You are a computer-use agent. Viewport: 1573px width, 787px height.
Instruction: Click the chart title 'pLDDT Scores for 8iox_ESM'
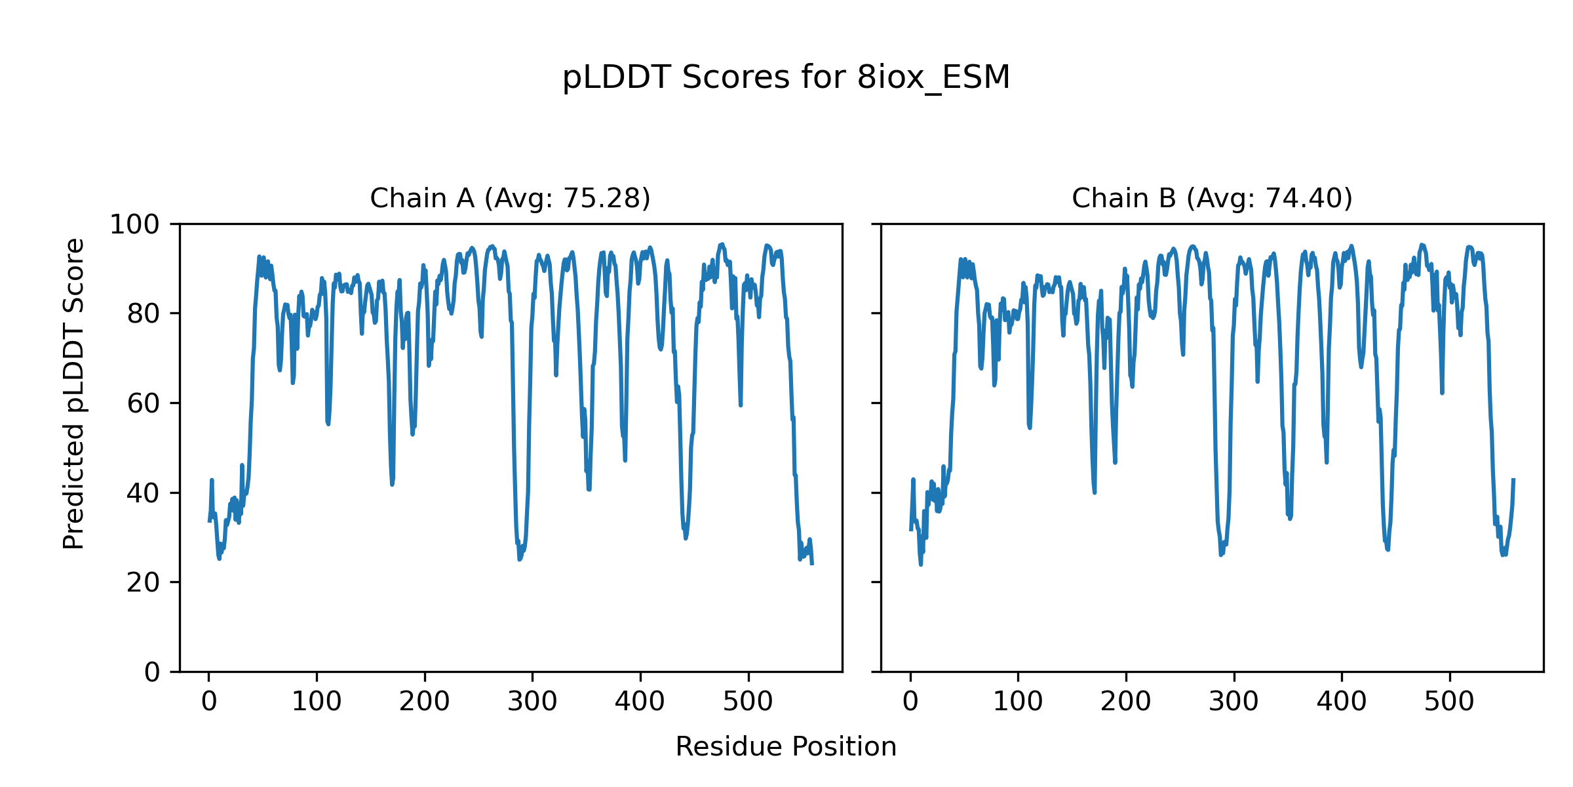[786, 77]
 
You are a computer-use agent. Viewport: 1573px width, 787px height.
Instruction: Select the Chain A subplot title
[510, 198]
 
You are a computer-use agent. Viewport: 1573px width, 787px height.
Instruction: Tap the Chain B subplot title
[1212, 198]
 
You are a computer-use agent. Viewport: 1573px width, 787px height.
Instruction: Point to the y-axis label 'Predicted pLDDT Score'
[73, 393]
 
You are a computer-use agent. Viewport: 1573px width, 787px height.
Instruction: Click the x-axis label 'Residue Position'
[786, 747]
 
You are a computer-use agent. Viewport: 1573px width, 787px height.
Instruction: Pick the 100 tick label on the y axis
[134, 225]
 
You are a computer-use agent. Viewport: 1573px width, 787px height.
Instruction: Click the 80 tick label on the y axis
[144, 314]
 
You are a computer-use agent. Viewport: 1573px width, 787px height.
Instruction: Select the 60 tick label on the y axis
[144, 404]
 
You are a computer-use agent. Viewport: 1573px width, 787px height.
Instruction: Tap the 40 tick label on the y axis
[144, 493]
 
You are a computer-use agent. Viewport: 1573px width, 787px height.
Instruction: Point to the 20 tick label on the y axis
[144, 582]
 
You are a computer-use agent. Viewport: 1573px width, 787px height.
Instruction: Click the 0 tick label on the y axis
[152, 672]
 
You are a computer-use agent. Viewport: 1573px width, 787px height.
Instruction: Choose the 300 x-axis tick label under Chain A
[532, 702]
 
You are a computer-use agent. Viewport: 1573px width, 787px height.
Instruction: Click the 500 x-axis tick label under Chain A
[748, 702]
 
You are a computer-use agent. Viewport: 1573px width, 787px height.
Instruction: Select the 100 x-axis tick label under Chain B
[1018, 702]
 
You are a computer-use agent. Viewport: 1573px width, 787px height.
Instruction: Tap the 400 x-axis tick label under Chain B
[1342, 702]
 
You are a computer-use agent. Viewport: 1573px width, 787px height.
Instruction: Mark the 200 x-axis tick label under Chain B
[1125, 702]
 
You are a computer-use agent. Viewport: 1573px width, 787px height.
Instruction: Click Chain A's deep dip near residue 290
[519, 559]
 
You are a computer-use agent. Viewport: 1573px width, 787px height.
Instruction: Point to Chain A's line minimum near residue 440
[686, 538]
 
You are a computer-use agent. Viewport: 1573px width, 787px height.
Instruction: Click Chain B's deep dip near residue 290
[1221, 554]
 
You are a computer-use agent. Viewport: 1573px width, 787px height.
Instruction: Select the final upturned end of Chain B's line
[1513, 480]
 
